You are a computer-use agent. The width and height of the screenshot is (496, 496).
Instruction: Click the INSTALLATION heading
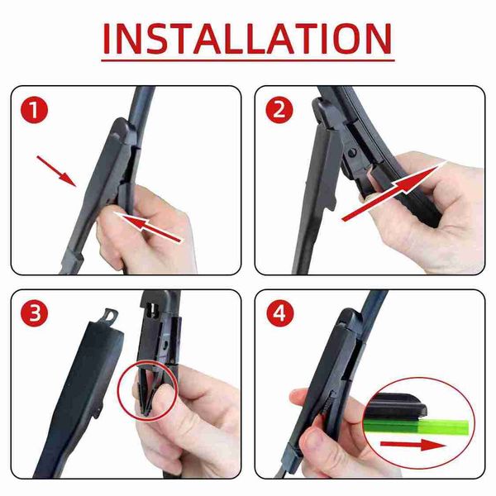click(247, 39)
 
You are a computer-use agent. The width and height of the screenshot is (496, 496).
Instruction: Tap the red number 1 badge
click(34, 111)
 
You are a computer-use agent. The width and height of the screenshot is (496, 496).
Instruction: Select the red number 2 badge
click(279, 111)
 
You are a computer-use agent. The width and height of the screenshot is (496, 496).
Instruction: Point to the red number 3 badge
click(34, 313)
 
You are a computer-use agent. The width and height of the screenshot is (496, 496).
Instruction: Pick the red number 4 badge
click(280, 313)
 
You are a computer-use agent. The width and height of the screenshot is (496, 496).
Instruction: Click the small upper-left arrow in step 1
click(56, 171)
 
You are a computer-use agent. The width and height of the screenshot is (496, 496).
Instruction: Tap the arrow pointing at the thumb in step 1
click(148, 227)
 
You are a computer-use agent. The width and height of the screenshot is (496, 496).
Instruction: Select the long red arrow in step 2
click(394, 191)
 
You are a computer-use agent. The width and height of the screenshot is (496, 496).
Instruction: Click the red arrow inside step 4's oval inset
click(413, 446)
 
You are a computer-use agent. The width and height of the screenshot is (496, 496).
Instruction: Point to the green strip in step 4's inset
click(417, 427)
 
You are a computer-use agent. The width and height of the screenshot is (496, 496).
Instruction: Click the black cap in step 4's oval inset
click(397, 406)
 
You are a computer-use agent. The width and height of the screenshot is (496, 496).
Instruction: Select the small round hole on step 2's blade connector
click(352, 154)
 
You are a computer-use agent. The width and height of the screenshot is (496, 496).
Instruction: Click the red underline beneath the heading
click(248, 60)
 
